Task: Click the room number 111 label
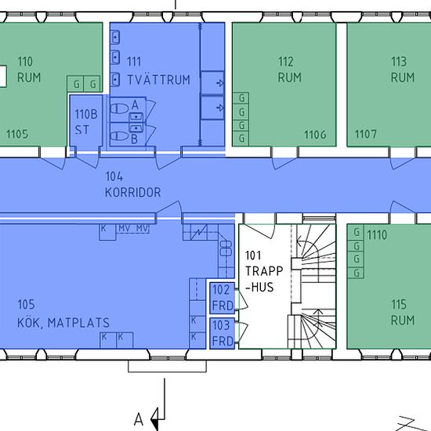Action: [134, 62]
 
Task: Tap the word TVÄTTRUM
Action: [159, 80]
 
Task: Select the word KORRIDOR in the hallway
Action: [132, 193]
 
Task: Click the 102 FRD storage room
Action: [223, 298]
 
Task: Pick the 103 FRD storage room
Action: [223, 333]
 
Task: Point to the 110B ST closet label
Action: [86, 122]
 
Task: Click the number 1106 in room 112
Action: [315, 135]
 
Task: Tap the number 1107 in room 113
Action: [366, 135]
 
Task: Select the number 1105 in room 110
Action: [17, 134]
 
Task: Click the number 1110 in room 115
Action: [377, 235]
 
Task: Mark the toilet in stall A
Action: [119, 108]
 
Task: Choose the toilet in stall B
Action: [119, 136]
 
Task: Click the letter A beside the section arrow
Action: [139, 420]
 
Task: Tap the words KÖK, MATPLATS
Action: [63, 323]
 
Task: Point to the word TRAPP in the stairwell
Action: [264, 271]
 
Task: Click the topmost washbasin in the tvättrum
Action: [116, 37]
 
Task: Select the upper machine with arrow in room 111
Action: [212, 82]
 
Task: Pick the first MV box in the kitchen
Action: [125, 229]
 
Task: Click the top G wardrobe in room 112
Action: [241, 98]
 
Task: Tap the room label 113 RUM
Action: [402, 70]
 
